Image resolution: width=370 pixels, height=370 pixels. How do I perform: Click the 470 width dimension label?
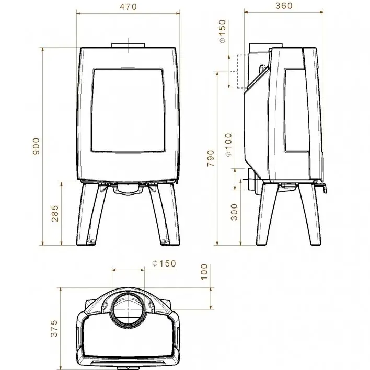(x=128, y=7)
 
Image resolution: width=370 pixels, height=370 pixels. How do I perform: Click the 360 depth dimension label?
(x=284, y=6)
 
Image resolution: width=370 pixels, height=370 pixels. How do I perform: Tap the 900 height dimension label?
(x=36, y=146)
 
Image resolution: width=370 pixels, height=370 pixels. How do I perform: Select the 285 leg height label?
(x=55, y=214)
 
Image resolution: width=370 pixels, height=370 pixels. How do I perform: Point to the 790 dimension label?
(x=211, y=158)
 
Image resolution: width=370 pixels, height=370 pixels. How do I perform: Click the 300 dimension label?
(x=234, y=212)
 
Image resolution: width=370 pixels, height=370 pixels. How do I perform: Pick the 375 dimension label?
(x=54, y=328)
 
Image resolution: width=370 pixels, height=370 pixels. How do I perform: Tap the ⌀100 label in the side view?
(x=228, y=145)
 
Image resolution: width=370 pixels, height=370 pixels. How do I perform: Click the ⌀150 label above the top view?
(x=164, y=263)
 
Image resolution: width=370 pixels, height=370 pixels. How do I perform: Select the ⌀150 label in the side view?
(x=222, y=31)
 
